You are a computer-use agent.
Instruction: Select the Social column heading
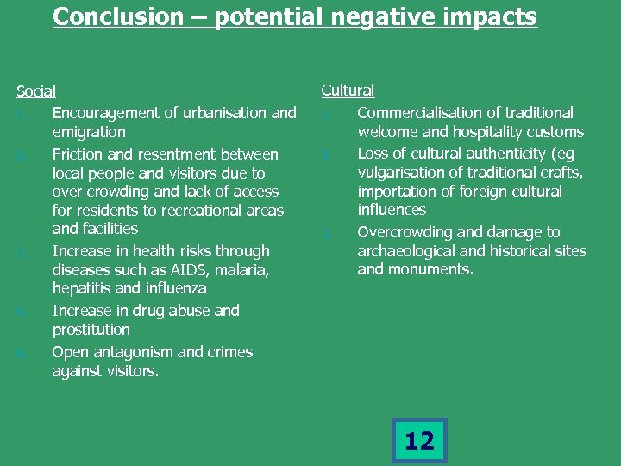[x=36, y=91]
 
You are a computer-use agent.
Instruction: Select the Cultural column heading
[x=348, y=90]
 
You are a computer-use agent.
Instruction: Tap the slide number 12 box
[x=419, y=441]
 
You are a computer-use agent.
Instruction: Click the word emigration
[x=89, y=132]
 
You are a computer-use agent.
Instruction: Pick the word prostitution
[x=91, y=330]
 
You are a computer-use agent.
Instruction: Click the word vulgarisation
[x=404, y=173]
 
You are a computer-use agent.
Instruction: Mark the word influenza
[x=174, y=288]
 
